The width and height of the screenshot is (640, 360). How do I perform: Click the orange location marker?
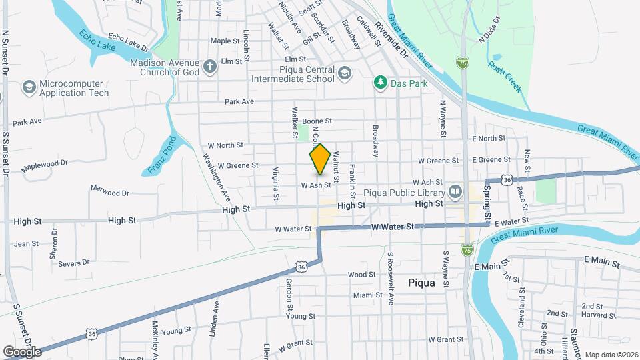(320, 159)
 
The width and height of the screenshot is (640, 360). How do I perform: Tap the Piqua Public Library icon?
(455, 192)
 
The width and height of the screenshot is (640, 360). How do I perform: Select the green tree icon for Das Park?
(380, 83)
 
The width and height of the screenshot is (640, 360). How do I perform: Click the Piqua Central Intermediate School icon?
(344, 72)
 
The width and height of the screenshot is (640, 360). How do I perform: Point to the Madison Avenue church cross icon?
(210, 66)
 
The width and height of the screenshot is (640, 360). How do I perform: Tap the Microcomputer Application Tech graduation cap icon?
(29, 87)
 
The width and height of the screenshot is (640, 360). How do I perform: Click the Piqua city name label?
(421, 283)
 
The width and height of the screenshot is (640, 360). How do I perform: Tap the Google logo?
(22, 351)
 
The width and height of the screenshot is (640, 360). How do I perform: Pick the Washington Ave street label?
(217, 179)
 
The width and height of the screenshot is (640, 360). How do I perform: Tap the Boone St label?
(317, 121)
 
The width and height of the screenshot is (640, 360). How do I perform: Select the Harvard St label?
(592, 315)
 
